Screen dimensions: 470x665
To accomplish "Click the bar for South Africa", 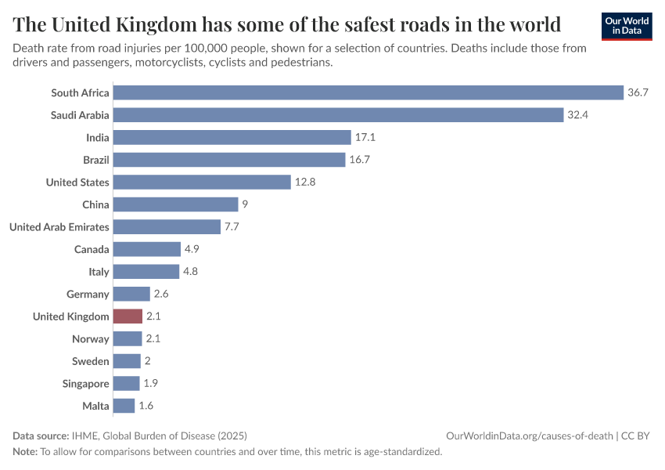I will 368,92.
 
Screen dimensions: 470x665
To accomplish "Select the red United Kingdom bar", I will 128,316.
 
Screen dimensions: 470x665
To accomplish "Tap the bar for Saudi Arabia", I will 338,115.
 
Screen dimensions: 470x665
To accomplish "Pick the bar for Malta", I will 124,406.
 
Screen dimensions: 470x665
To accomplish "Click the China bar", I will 175,204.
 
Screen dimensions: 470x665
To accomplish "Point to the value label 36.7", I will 638,92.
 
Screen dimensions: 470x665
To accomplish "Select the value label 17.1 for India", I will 365,137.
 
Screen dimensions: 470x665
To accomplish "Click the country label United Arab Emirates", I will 59,227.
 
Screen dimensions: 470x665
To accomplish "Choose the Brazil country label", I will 95,160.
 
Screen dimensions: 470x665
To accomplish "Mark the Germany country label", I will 88,295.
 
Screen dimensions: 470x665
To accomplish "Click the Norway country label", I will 90,339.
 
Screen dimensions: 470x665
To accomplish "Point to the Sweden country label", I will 90,362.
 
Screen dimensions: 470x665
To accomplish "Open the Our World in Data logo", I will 627,26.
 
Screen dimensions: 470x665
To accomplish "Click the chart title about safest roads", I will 287,24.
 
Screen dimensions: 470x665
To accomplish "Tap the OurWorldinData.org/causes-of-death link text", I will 529,436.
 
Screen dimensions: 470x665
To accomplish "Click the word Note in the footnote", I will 25,452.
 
